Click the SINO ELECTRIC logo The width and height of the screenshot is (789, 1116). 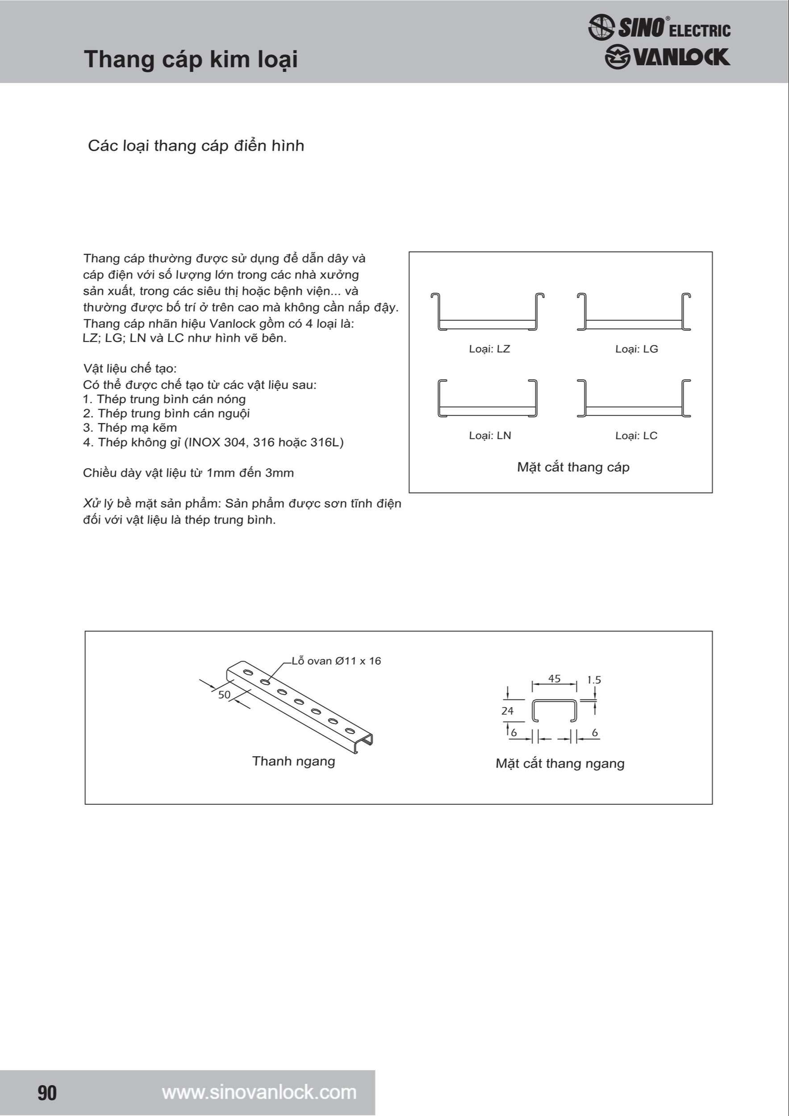click(x=659, y=27)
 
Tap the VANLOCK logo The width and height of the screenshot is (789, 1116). click(x=667, y=57)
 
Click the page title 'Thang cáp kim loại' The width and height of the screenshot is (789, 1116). click(x=191, y=59)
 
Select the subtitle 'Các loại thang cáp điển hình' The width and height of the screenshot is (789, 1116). click(x=196, y=146)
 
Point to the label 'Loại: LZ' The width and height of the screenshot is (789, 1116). click(x=489, y=349)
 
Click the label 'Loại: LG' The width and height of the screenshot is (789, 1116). click(x=636, y=349)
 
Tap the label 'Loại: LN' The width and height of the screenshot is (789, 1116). click(x=489, y=436)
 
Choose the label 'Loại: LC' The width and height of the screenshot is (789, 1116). click(x=636, y=436)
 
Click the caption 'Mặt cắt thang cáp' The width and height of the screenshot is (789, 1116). click(x=573, y=467)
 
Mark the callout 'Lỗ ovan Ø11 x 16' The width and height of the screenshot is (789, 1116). click(x=336, y=661)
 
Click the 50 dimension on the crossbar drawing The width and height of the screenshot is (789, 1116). click(x=224, y=695)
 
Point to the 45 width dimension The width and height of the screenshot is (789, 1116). click(x=554, y=679)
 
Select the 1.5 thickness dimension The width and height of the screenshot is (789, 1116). click(x=593, y=680)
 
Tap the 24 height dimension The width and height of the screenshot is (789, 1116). click(x=507, y=711)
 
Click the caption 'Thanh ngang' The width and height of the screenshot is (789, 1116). click(x=294, y=761)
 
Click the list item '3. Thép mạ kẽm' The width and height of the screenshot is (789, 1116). click(x=130, y=428)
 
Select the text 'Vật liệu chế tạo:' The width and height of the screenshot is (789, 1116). click(x=130, y=368)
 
